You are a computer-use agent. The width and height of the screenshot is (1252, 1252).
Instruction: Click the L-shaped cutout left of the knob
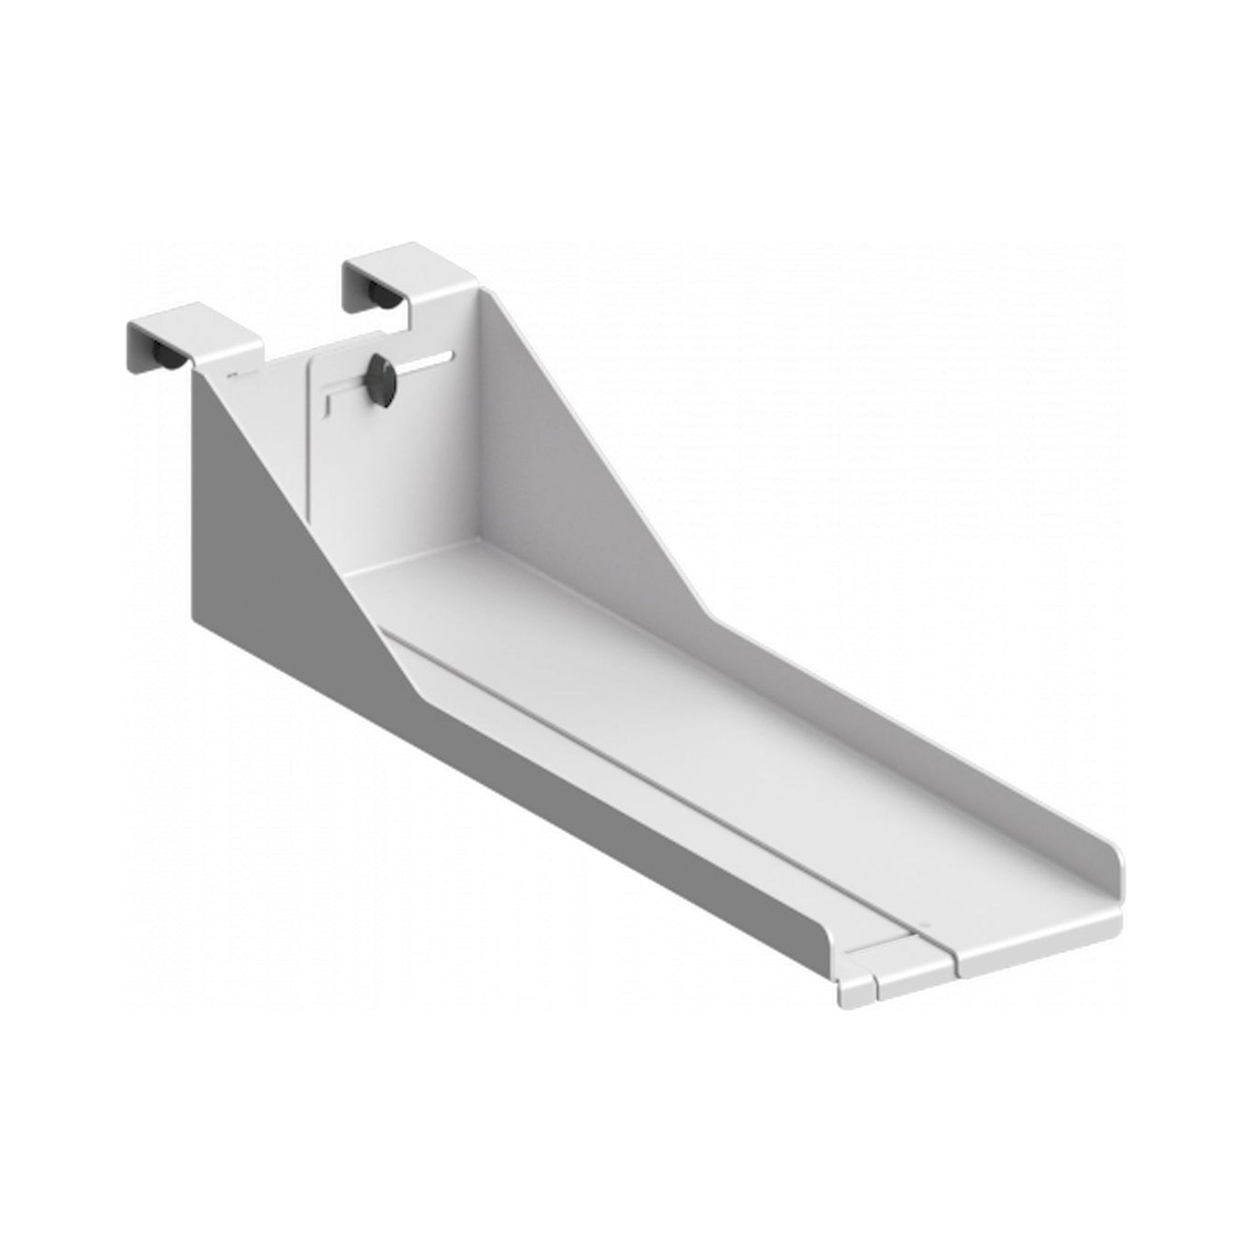[x=337, y=398]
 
